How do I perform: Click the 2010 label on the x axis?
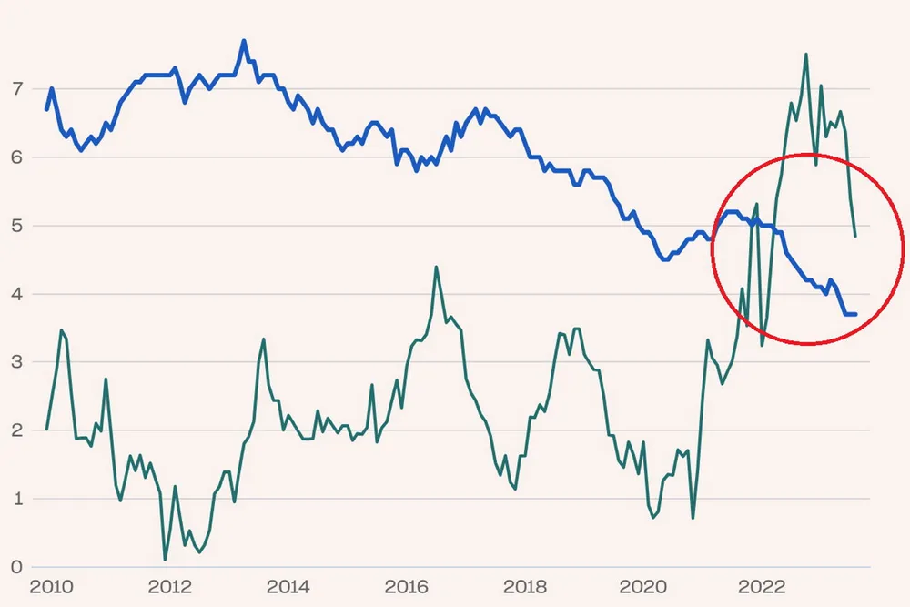[x=47, y=585]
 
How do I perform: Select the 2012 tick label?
[x=168, y=585]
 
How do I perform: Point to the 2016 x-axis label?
[x=406, y=585]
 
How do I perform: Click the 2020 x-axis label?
[x=643, y=585]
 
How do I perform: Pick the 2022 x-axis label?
[x=763, y=585]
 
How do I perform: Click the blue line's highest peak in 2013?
[x=244, y=41]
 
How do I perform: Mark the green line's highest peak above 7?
[x=806, y=54]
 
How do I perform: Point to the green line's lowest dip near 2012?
[x=165, y=559]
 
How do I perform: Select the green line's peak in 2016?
[x=436, y=267]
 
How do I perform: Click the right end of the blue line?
[x=855, y=314]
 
